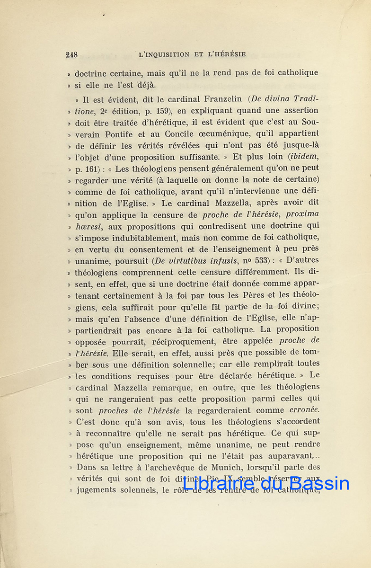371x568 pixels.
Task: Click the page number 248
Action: (x=71, y=54)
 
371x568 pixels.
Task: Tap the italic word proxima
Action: (x=302, y=214)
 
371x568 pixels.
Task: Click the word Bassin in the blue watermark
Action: (x=320, y=484)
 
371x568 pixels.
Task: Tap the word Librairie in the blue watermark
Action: (x=217, y=484)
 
